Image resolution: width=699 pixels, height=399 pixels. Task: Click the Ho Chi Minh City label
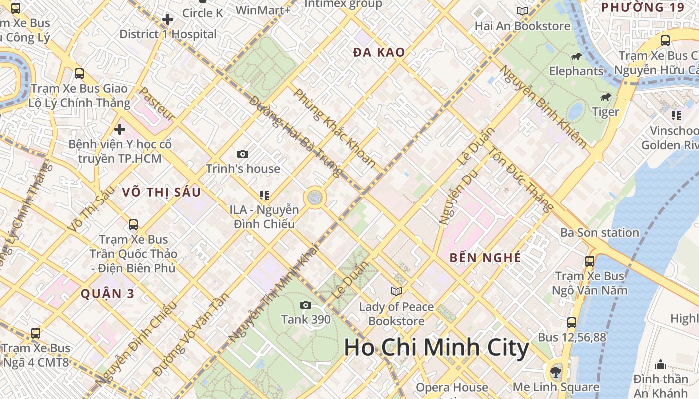436,348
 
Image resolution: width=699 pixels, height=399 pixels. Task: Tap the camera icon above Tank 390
306,305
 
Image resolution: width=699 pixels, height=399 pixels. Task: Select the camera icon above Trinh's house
243,154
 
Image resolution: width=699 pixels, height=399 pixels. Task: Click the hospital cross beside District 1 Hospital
168,20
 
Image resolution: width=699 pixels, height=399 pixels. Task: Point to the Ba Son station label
599,233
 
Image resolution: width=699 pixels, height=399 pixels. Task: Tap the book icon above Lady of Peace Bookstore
396,291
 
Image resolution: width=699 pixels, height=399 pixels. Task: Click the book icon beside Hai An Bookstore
522,11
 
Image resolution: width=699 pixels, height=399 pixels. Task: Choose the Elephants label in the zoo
576,71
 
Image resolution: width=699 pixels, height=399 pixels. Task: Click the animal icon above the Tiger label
606,97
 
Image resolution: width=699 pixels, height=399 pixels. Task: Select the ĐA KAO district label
379,52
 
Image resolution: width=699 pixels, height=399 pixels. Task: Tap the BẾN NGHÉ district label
485,258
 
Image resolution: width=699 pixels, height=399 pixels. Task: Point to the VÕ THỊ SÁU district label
161,192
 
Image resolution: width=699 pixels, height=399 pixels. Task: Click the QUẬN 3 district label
108,294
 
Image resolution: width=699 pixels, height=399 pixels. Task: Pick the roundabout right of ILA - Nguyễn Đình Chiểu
315,198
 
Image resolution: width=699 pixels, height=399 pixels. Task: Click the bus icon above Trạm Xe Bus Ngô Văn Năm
590,261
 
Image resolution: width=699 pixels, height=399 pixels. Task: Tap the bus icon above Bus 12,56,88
572,323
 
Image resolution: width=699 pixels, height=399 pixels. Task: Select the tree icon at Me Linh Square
555,371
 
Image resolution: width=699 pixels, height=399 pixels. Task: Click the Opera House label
452,388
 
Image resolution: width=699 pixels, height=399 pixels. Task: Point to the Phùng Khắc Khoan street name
335,128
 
